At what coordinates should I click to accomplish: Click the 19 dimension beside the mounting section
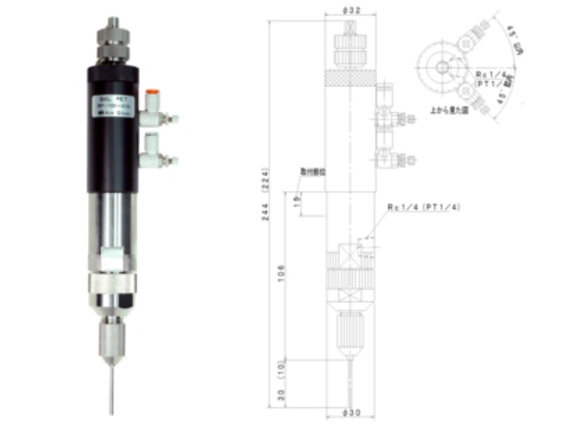(296, 201)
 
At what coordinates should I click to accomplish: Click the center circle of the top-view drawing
(443, 67)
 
